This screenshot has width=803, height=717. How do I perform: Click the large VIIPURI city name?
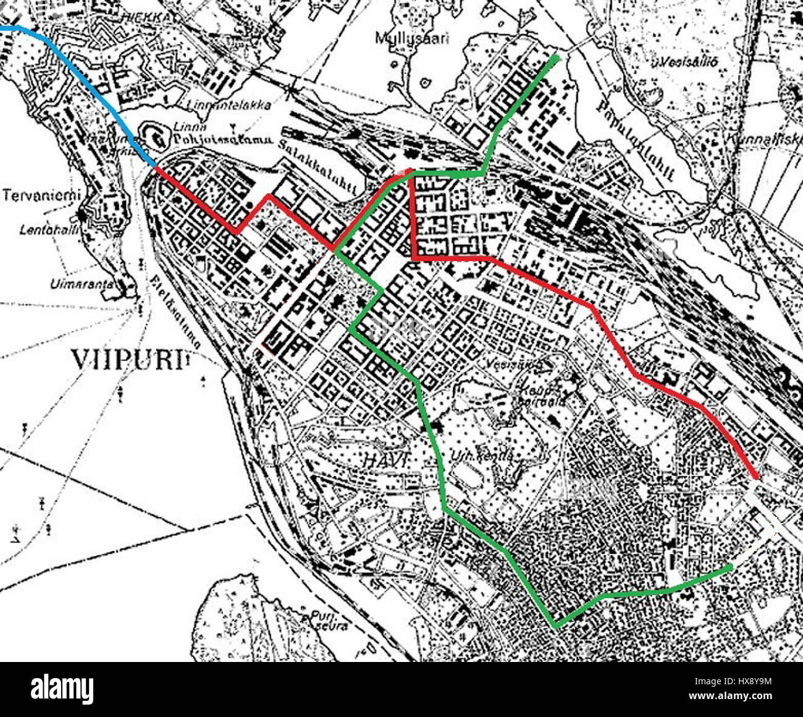point(128,359)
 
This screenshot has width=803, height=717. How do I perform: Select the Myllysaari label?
point(412,38)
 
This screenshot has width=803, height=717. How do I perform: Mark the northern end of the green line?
point(557,58)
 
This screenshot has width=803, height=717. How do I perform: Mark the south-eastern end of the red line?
point(757,477)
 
